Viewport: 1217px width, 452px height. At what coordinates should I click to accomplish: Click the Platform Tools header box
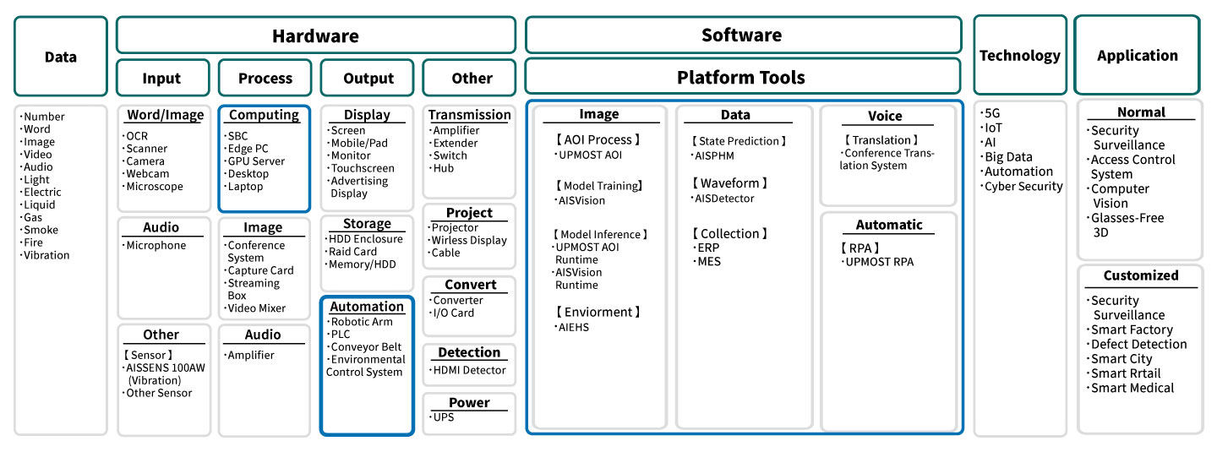pos(742,78)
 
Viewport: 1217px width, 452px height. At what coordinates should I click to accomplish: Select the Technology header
pos(1019,56)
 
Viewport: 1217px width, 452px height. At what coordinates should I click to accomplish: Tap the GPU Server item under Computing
pos(256,161)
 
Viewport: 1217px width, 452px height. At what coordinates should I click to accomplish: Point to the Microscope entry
pos(155,187)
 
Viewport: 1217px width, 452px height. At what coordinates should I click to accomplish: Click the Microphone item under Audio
pos(156,246)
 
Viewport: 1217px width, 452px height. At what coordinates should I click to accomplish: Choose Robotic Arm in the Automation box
pos(363,322)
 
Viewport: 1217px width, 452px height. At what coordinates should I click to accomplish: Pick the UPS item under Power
pos(444,417)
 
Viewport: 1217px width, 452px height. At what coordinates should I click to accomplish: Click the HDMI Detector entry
pos(469,370)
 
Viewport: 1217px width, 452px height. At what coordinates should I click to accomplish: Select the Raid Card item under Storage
pos(353,252)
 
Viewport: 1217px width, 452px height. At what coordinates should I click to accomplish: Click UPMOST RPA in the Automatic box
pos(880,262)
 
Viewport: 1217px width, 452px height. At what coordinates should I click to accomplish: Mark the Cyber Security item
pos(1024,187)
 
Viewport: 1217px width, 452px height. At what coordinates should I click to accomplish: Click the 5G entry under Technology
pos(993,112)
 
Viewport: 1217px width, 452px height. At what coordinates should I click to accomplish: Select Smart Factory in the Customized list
pos(1132,330)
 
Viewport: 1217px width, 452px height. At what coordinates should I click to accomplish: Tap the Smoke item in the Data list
pos(41,230)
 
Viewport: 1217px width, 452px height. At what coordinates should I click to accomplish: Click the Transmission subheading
pos(469,115)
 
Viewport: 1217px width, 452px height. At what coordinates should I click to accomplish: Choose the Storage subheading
pos(367,224)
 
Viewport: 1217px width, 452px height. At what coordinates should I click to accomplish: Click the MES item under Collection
pos(708,262)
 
